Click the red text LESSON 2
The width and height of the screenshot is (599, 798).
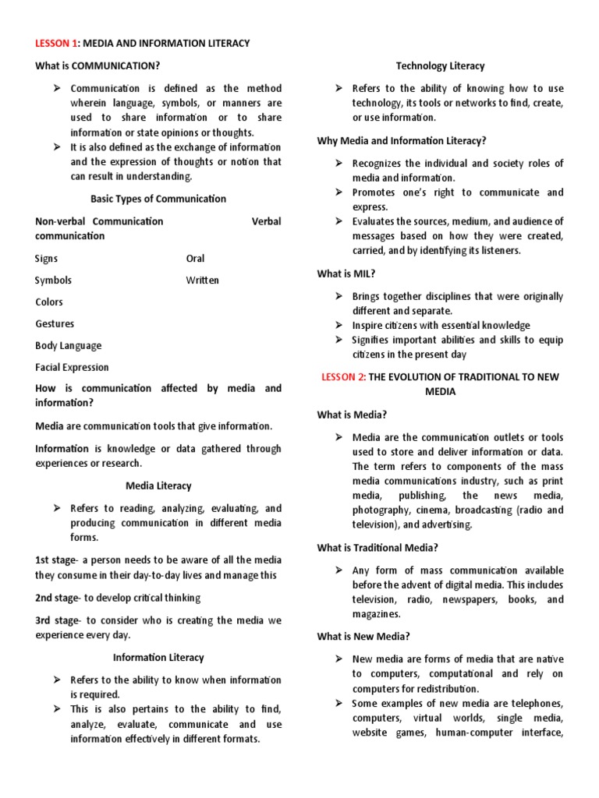pyautogui.click(x=343, y=377)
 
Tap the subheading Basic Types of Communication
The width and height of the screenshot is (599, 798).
pyautogui.click(x=158, y=199)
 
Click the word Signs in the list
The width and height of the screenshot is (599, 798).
pyautogui.click(x=46, y=258)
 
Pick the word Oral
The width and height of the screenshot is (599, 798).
pyautogui.click(x=195, y=258)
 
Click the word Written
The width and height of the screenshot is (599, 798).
pyautogui.click(x=202, y=280)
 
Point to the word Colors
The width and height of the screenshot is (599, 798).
pyautogui.click(x=49, y=302)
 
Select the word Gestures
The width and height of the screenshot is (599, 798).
pyautogui.click(x=55, y=323)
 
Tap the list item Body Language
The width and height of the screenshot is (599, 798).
pyautogui.click(x=68, y=345)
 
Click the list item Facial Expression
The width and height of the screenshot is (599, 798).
pyautogui.click(x=72, y=367)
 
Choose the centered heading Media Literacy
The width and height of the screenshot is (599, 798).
pyautogui.click(x=158, y=486)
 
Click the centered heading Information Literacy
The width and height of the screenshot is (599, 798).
pyautogui.click(x=158, y=658)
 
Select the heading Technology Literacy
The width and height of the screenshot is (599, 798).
pyautogui.click(x=440, y=66)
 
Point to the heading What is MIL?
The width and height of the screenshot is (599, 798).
pyautogui.click(x=346, y=274)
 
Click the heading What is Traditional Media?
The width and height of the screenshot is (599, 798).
pyautogui.click(x=377, y=548)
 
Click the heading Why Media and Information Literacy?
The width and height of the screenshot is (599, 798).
pyautogui.click(x=401, y=140)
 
